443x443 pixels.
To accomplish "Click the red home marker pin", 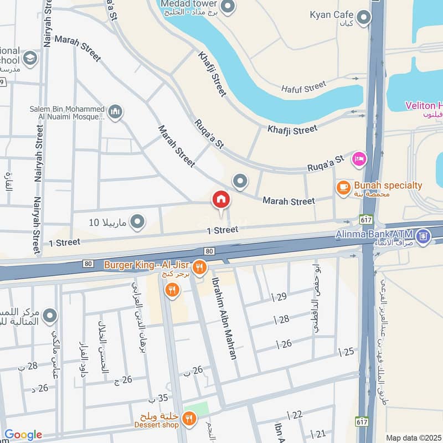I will tap(221, 200).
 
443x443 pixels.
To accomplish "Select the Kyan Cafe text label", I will tap(332, 14).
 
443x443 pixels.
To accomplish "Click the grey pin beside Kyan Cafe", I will tap(363, 18).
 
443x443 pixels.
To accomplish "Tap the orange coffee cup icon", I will tap(343, 188).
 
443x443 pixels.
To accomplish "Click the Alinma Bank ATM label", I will tap(374, 234).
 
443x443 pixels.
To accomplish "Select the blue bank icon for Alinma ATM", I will tap(424, 236).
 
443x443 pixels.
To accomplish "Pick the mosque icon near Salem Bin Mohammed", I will tap(115, 112).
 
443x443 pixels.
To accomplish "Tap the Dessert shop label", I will tap(156, 425).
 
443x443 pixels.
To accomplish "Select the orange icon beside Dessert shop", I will tap(189, 419).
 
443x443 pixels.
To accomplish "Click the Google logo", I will tap(23, 435).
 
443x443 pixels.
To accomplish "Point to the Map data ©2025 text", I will tap(413, 437).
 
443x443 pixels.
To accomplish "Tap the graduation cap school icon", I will tap(30, 58).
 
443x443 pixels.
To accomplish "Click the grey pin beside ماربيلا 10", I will tap(138, 223).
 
